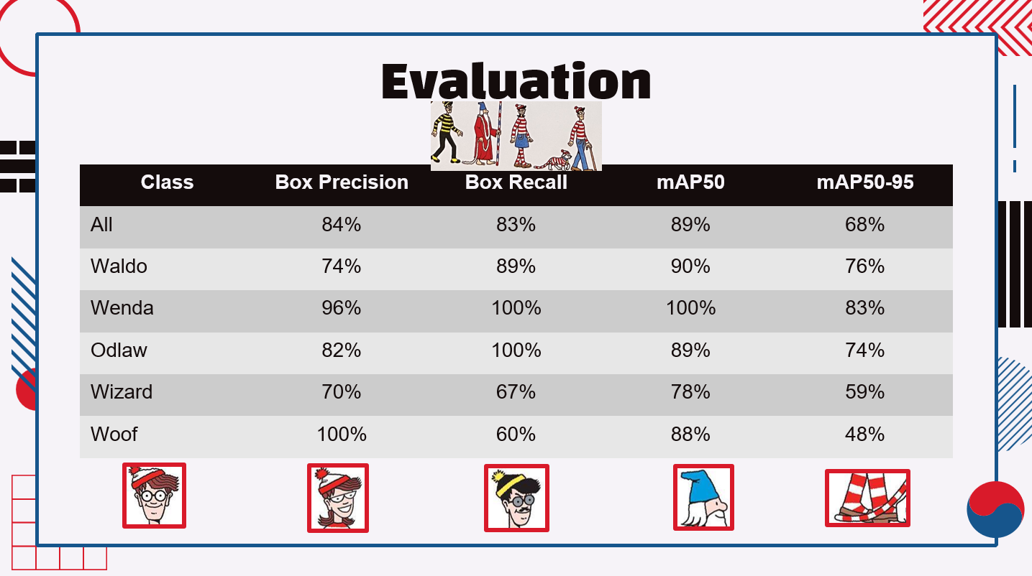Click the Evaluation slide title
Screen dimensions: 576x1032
516,80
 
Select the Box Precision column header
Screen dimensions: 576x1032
342,182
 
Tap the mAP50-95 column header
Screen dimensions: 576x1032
864,182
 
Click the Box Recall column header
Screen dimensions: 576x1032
516,182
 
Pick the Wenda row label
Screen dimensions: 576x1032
122,308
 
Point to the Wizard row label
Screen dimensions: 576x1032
122,392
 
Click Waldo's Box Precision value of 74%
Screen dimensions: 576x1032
342,266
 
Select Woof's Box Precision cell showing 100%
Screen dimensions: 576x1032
342,435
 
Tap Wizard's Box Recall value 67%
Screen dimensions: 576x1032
516,392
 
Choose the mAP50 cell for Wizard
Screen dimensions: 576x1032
690,392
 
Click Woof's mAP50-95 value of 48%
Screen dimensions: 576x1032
864,435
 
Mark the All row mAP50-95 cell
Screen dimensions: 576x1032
864,225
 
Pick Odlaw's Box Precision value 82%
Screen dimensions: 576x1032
342,350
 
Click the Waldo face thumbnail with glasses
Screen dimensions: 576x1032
154,496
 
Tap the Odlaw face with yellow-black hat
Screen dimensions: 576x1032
516,498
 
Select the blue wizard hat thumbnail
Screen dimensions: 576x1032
703,497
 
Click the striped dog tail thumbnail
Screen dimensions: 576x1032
867,498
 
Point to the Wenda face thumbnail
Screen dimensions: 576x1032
337,498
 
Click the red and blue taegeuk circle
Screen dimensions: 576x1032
995,509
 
